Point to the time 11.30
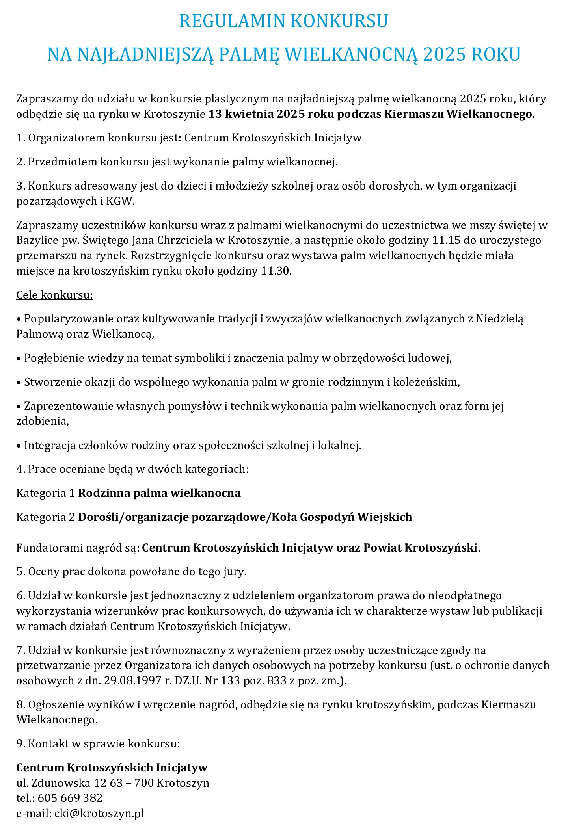pyautogui.click(x=276, y=271)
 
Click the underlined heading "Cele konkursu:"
pyautogui.click(x=54, y=295)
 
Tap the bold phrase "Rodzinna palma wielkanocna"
pyautogui.click(x=159, y=493)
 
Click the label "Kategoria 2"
pyautogui.click(x=45, y=517)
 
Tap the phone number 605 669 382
pyautogui.click(x=70, y=797)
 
